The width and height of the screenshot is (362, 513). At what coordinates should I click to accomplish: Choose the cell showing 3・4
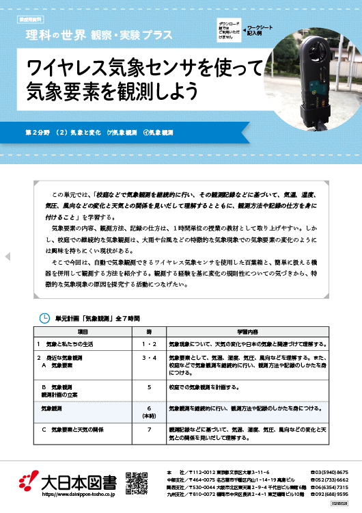tap(149, 358)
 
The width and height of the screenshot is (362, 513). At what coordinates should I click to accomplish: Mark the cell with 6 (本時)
tap(149, 411)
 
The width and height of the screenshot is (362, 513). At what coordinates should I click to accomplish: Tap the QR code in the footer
tap(137, 483)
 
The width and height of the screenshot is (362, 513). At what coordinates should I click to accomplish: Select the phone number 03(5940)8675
tap(331, 472)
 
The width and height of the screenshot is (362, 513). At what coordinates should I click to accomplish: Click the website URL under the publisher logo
tap(79, 493)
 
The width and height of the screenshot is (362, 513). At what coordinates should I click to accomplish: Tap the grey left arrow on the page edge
tap(8, 256)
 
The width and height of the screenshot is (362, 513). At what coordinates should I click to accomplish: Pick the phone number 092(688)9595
tap(331, 494)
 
